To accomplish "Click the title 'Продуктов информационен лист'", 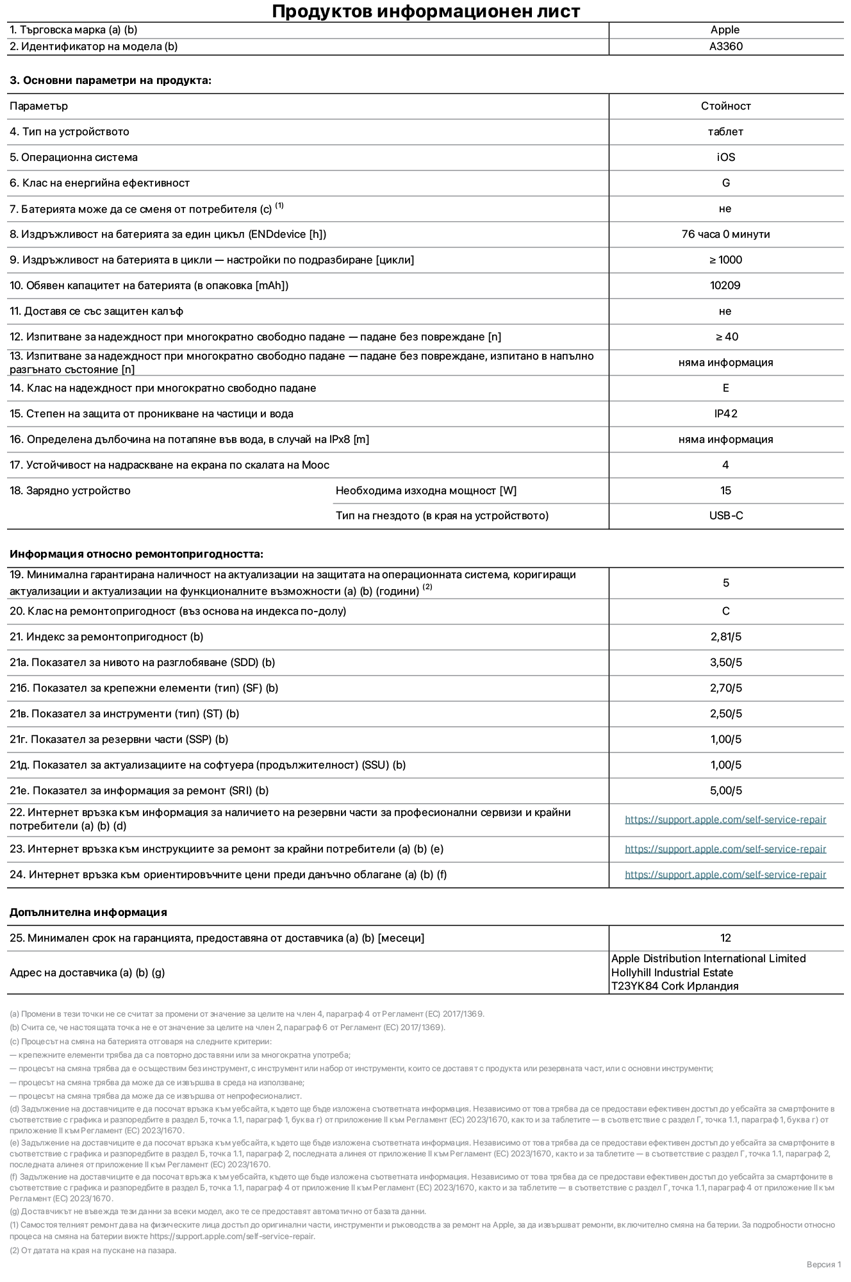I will tap(425, 11).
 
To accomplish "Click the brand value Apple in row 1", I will tap(725, 29).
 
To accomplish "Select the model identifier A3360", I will tap(725, 46).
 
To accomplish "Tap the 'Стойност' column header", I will tap(725, 106).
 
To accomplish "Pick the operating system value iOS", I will tap(725, 157).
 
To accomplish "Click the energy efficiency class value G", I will tap(725, 183).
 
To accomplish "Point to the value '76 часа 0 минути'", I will tap(725, 234).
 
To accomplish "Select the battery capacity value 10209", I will tap(725, 285).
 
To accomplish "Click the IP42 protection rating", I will tap(725, 413).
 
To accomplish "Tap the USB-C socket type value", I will tap(725, 515).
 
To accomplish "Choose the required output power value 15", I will tap(725, 490).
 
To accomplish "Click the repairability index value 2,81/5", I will tap(725, 637).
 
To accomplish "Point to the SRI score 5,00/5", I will tap(725, 790).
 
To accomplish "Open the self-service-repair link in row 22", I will tap(725, 819).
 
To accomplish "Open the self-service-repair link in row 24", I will tap(725, 874).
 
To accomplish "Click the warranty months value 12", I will tap(725, 938).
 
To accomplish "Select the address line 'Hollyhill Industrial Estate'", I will tap(672, 972).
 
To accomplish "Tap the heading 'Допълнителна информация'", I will tap(88, 912).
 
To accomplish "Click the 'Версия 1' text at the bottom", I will tap(823, 1264).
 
